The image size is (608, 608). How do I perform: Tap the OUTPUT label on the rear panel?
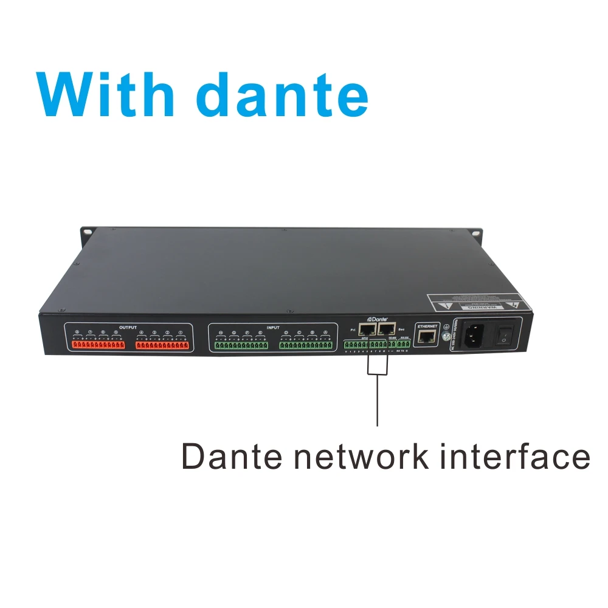pos(128,327)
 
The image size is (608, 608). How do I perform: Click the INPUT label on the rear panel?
pos(273,327)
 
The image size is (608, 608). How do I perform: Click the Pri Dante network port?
pos(367,330)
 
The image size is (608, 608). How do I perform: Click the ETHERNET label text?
pos(428,326)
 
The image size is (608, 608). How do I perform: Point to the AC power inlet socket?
pos(475,334)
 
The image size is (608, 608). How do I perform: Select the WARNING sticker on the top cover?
pos(474,302)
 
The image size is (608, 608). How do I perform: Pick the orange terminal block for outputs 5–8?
pos(98,345)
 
